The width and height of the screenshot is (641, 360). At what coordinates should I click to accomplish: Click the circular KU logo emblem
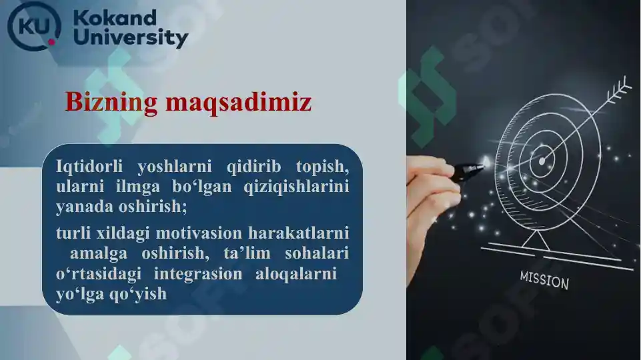click(33, 26)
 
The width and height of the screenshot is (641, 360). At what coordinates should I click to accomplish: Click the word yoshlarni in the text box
click(174, 166)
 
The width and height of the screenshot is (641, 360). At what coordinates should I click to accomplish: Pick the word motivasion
click(201, 233)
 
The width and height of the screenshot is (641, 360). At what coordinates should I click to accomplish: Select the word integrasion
click(198, 274)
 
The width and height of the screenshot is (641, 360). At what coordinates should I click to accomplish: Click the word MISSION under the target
click(544, 281)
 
